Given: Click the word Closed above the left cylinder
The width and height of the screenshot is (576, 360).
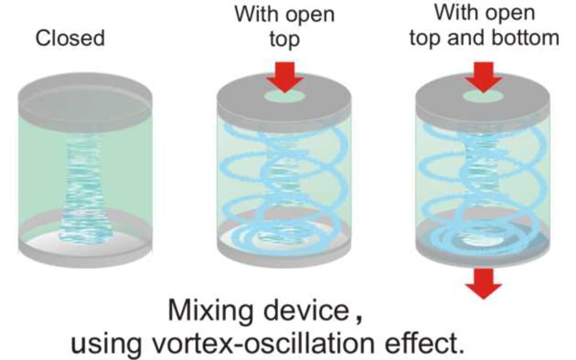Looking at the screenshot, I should point(70,39).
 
